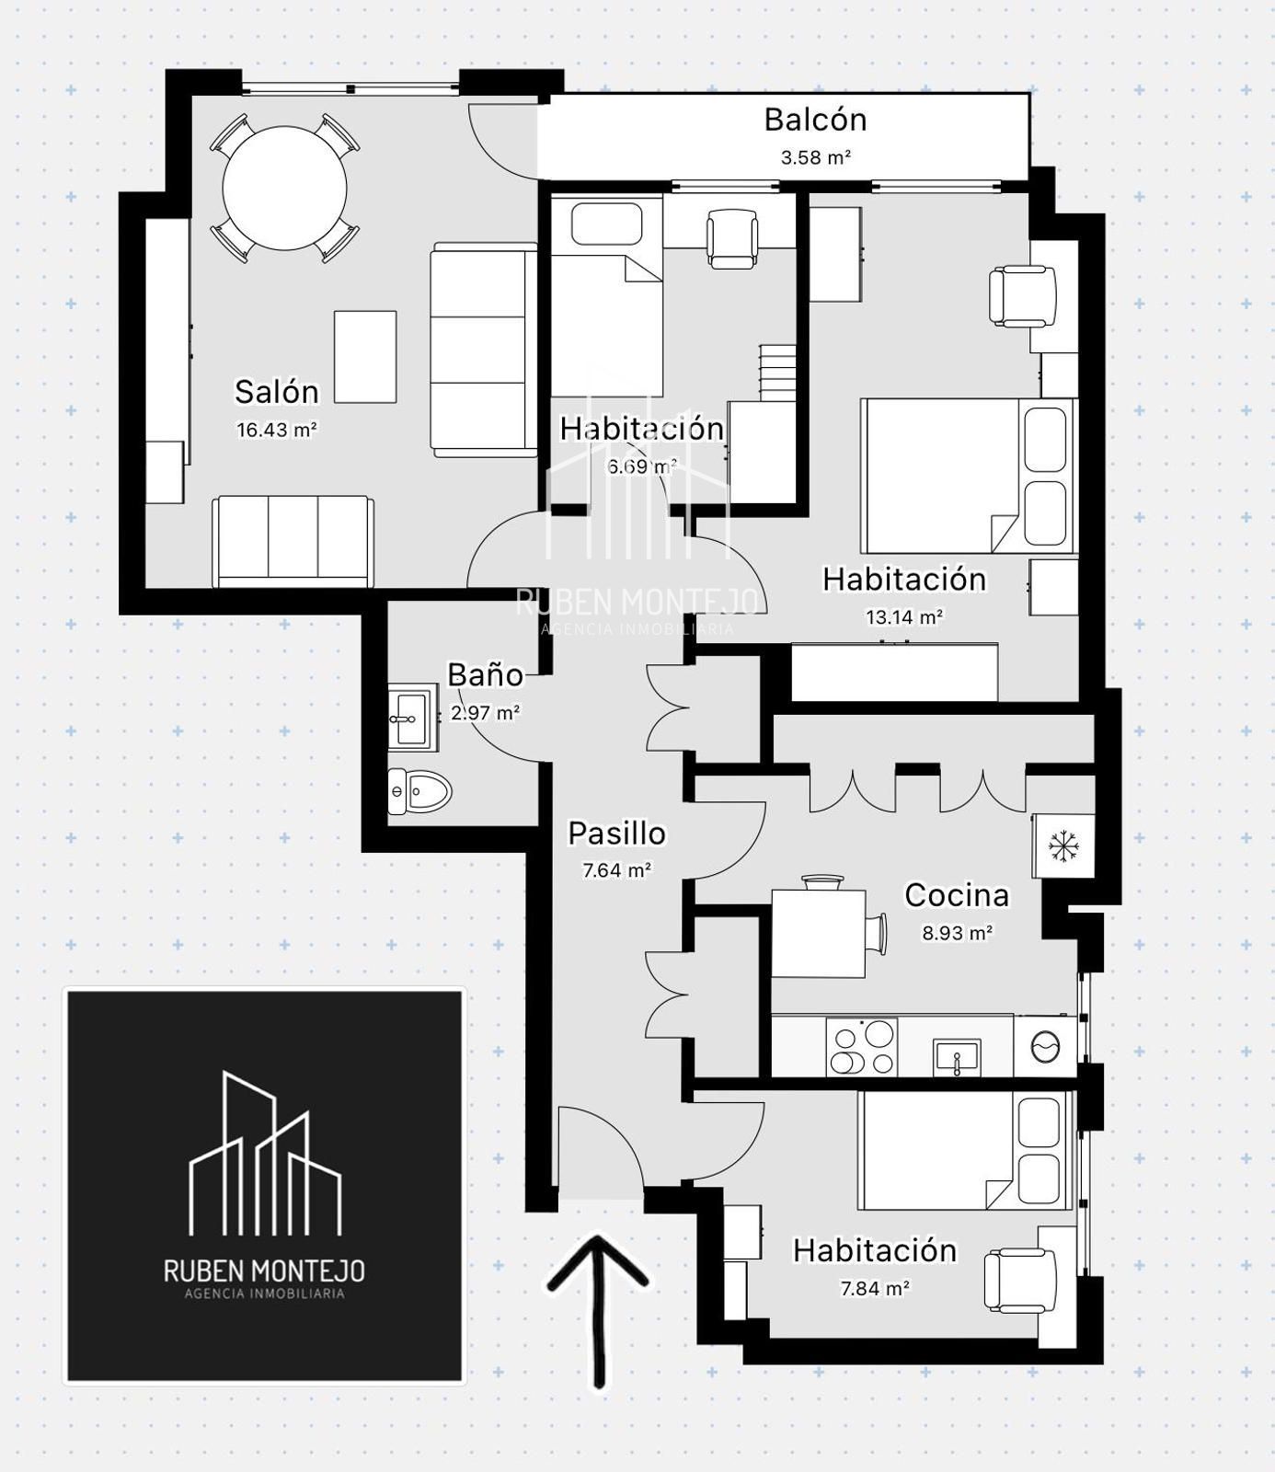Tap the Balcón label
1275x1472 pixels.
pos(815,120)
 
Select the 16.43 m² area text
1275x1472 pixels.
pos(277,430)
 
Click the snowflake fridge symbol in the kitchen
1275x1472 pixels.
pos(1065,845)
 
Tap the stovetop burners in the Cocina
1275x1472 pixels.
pos(862,1046)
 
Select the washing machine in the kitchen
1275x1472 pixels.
pos(1045,1046)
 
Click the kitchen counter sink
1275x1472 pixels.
pos(957,1056)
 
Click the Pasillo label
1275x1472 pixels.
pos(616,833)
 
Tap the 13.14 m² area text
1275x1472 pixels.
pos(904,616)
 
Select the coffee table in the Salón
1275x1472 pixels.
pos(365,356)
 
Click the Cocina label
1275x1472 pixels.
pos(957,894)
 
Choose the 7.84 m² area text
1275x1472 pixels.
pos(875,1288)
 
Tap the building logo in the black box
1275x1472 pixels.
pos(265,1153)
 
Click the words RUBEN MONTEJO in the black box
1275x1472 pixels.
pos(264,1271)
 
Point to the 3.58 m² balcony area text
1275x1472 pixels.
pos(816,157)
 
